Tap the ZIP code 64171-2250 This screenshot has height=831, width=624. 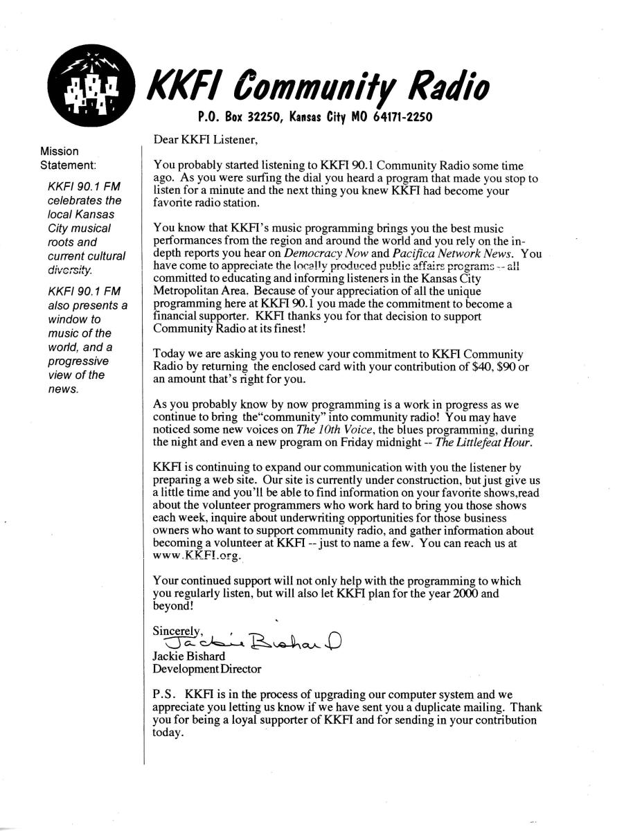coord(404,117)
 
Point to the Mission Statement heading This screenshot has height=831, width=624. coord(68,158)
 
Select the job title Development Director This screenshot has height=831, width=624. coord(207,669)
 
